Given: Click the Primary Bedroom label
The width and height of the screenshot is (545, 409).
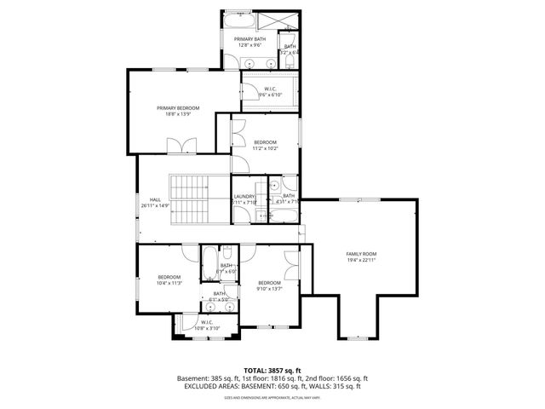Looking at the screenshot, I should point(178,108).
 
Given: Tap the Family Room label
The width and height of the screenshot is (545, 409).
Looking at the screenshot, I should point(361,254).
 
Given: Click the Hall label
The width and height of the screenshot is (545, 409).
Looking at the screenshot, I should point(156,200).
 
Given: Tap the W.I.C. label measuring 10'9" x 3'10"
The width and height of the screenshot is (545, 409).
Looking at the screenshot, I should point(207,322).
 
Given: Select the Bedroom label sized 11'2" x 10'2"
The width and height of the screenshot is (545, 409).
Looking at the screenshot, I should point(265,142).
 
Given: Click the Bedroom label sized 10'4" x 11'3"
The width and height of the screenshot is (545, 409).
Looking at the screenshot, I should point(169,277).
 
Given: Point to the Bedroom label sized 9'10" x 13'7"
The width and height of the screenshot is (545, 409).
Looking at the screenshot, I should point(269,283).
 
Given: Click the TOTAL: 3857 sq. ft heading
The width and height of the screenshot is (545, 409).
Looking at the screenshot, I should point(272,371).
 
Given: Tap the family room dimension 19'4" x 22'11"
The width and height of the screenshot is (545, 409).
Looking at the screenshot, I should point(361,260).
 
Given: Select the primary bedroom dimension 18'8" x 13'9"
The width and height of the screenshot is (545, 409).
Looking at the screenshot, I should point(178,114).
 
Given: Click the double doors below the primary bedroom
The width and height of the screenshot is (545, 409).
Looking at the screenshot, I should point(181,147).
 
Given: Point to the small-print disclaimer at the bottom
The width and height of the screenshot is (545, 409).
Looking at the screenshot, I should point(272,397).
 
